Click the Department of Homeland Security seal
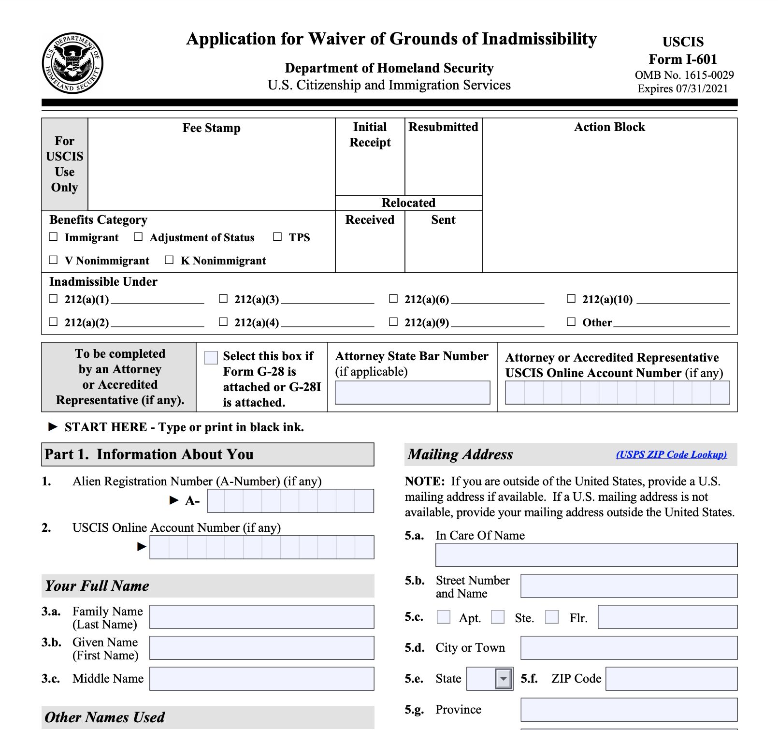click(x=72, y=63)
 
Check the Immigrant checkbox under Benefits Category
click(x=54, y=237)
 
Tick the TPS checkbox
click(x=277, y=237)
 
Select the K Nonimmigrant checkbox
click(x=169, y=260)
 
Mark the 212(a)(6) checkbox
click(x=393, y=299)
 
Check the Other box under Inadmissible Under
click(x=571, y=322)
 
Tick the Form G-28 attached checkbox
click(x=211, y=358)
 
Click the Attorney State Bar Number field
click(x=412, y=393)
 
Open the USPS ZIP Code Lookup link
click(x=671, y=454)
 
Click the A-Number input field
click(x=290, y=501)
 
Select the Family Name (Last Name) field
click(x=261, y=617)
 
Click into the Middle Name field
click(x=261, y=679)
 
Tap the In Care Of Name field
click(x=586, y=555)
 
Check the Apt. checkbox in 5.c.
click(x=444, y=617)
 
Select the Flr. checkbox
click(x=552, y=617)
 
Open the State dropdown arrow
click(x=504, y=679)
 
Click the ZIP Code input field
click(x=671, y=679)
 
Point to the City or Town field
click(x=629, y=648)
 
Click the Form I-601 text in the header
click(x=683, y=59)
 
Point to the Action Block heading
click(x=609, y=127)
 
